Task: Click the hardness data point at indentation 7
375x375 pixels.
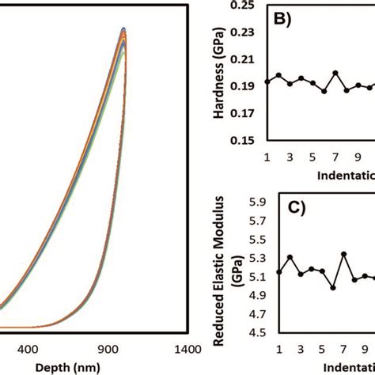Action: [335, 73]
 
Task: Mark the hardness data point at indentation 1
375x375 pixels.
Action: [267, 81]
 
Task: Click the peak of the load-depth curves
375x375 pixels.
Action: [124, 29]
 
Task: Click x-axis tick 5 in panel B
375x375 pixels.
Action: [312, 156]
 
